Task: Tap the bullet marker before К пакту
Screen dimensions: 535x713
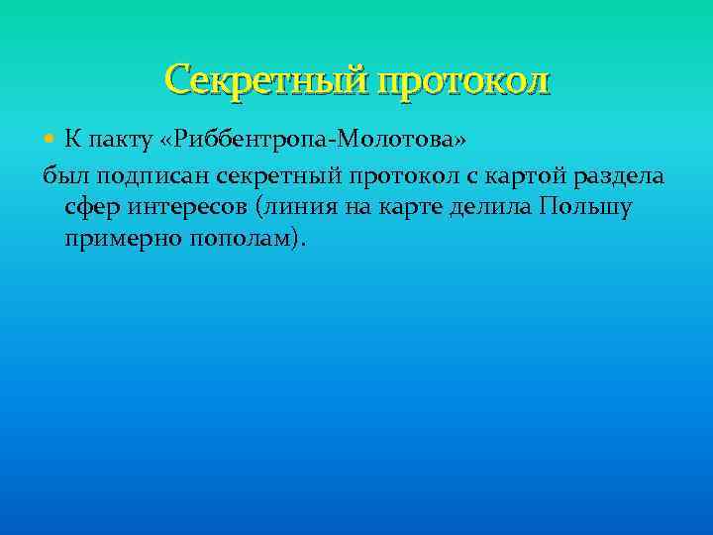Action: [51, 140]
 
